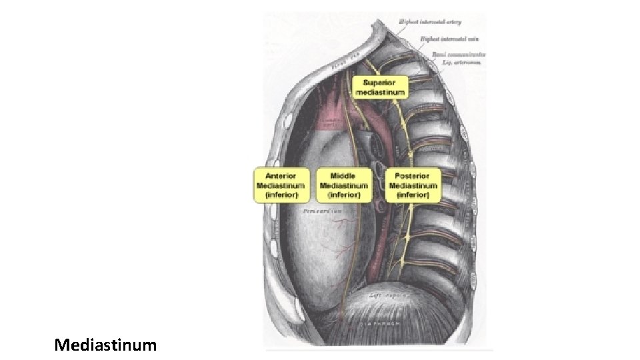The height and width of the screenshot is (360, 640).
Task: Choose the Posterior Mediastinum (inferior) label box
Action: click(413, 185)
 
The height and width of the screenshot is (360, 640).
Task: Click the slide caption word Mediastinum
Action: click(106, 345)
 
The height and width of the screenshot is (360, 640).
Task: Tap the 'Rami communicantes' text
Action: click(458, 54)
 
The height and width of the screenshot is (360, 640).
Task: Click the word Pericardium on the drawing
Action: click(322, 211)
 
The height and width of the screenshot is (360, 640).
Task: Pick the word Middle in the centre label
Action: click(343, 176)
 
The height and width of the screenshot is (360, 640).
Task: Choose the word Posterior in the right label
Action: click(413, 176)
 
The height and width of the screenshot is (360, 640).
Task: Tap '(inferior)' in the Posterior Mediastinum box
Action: click(413, 195)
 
